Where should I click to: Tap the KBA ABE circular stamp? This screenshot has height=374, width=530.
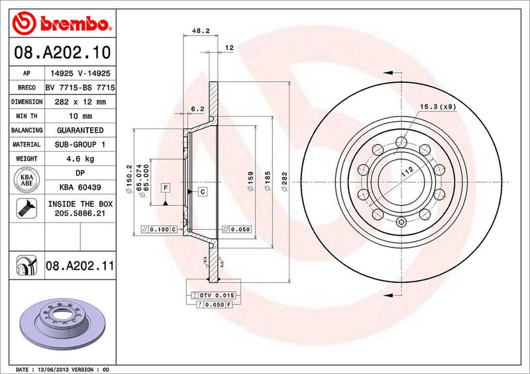point(26,181)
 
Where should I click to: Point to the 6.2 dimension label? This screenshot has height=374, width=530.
point(197,108)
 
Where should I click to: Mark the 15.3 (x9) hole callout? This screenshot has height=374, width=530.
point(438,107)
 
